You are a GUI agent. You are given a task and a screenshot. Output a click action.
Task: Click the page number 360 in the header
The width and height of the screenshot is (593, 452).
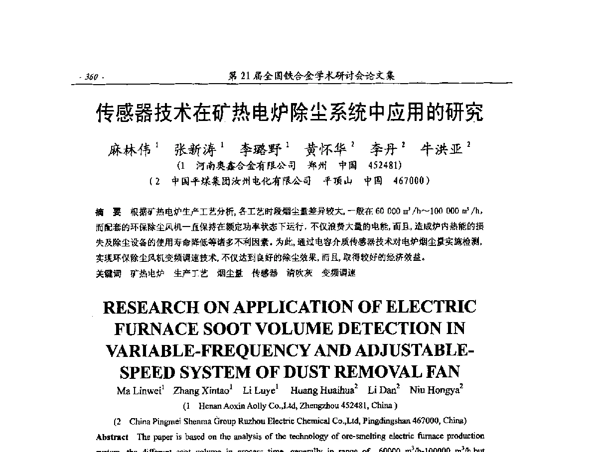click(91, 77)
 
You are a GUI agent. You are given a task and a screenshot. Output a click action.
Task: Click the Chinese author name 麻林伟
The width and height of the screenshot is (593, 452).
click(130, 149)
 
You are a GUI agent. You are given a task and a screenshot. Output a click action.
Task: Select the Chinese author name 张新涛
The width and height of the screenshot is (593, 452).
click(195, 149)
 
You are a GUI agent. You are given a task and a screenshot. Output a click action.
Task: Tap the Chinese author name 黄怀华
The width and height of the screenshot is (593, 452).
click(325, 149)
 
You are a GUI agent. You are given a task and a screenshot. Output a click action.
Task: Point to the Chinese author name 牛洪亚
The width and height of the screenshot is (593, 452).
click(442, 149)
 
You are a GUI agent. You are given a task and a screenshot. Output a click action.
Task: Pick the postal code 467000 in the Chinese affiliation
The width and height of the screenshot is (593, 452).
click(409, 181)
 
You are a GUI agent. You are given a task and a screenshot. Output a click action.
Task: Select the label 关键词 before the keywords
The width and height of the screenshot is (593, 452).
click(108, 273)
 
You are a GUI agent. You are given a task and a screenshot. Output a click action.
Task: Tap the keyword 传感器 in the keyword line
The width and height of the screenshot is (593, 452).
click(265, 273)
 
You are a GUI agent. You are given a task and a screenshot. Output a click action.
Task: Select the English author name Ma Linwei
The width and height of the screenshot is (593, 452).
click(139, 391)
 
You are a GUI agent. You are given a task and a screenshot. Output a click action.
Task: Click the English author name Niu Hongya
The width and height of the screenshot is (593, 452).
click(434, 391)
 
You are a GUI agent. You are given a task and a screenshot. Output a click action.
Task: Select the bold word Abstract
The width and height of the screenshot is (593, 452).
click(112, 437)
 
